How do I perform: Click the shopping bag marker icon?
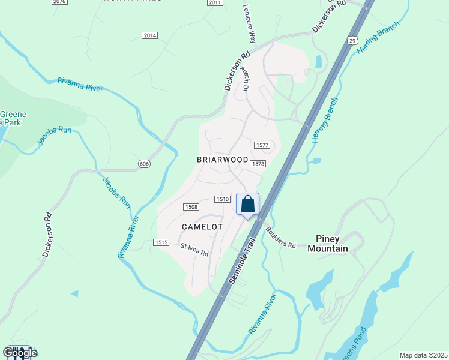(x=247, y=205)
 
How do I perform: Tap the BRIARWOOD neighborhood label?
(x=223, y=160)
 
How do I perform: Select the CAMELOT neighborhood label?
(x=202, y=227)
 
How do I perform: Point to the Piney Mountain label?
(x=328, y=244)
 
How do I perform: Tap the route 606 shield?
(x=143, y=164)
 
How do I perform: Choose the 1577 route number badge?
(x=262, y=145)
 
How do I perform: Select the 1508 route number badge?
(x=191, y=207)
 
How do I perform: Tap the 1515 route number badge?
(x=160, y=242)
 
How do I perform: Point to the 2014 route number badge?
(x=149, y=35)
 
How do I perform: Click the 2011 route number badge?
(x=215, y=2)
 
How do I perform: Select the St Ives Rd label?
(x=194, y=250)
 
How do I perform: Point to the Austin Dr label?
(x=245, y=79)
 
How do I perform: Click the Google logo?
(x=20, y=353)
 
